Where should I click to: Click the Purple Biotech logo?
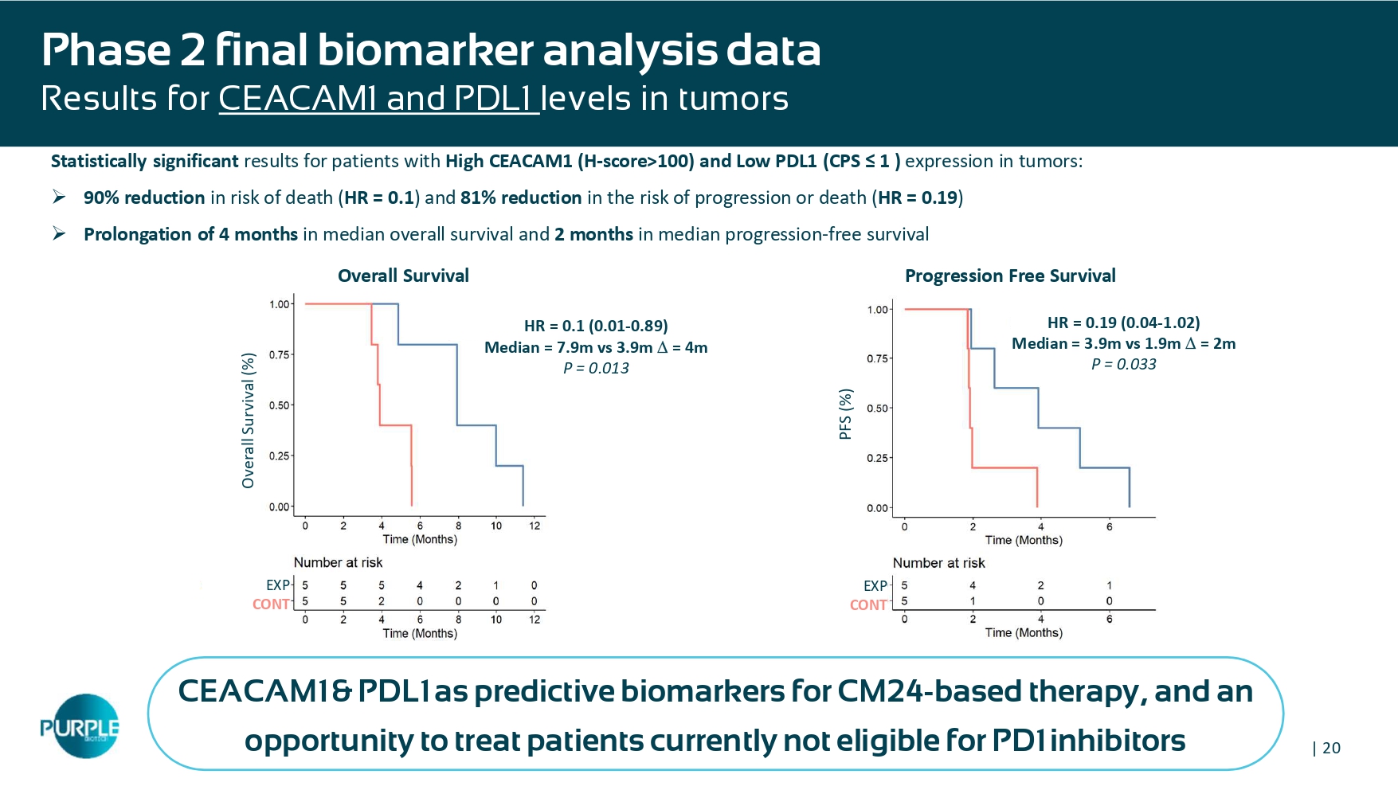(x=80, y=726)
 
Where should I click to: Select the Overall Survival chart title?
(x=403, y=276)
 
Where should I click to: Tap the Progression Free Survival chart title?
(x=1009, y=276)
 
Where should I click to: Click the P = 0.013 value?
(x=596, y=368)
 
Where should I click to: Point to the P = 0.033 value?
(x=1123, y=364)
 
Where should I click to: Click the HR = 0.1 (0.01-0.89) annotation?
(x=596, y=326)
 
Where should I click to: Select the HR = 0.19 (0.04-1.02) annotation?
(x=1123, y=323)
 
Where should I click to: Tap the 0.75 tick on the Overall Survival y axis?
(x=280, y=354)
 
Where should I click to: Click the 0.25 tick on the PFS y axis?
(x=877, y=458)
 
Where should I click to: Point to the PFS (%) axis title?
(x=846, y=414)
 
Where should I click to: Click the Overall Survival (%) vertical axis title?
(x=249, y=420)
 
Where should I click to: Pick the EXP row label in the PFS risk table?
(x=875, y=586)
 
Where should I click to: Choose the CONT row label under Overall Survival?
(x=271, y=604)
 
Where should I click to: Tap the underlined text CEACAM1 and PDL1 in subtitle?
(x=378, y=99)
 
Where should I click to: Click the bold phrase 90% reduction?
(x=144, y=197)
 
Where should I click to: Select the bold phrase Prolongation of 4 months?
(x=190, y=234)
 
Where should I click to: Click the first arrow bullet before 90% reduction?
(x=59, y=197)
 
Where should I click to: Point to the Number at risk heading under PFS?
(x=938, y=563)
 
